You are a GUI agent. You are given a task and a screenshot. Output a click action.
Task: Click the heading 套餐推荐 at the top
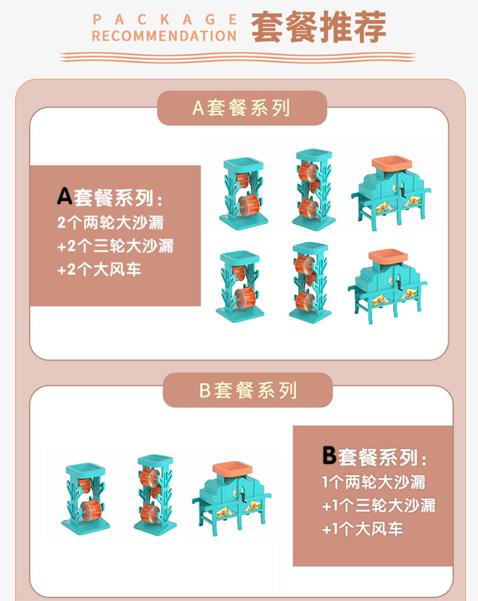[318, 27]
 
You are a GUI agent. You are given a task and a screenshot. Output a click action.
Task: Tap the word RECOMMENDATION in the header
[164, 36]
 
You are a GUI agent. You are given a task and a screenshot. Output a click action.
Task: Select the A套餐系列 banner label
[241, 108]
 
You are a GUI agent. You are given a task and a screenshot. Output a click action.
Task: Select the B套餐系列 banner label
[248, 390]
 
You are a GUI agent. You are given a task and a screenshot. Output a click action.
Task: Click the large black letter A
[65, 196]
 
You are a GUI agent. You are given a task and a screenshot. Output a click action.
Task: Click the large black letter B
[329, 455]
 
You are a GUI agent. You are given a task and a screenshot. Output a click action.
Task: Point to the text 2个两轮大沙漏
[111, 222]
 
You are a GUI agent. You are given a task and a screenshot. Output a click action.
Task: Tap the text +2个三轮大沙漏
[115, 246]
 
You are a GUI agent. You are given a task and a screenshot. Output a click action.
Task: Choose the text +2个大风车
[99, 269]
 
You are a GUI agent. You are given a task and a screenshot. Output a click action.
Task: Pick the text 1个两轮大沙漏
[374, 482]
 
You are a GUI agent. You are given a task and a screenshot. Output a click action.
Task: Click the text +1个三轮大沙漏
[379, 505]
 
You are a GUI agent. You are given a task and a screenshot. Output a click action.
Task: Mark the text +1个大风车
[362, 529]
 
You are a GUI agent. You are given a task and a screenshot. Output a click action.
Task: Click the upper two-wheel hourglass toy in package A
[243, 193]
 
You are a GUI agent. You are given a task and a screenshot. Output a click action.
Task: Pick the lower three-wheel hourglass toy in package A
[310, 283]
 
